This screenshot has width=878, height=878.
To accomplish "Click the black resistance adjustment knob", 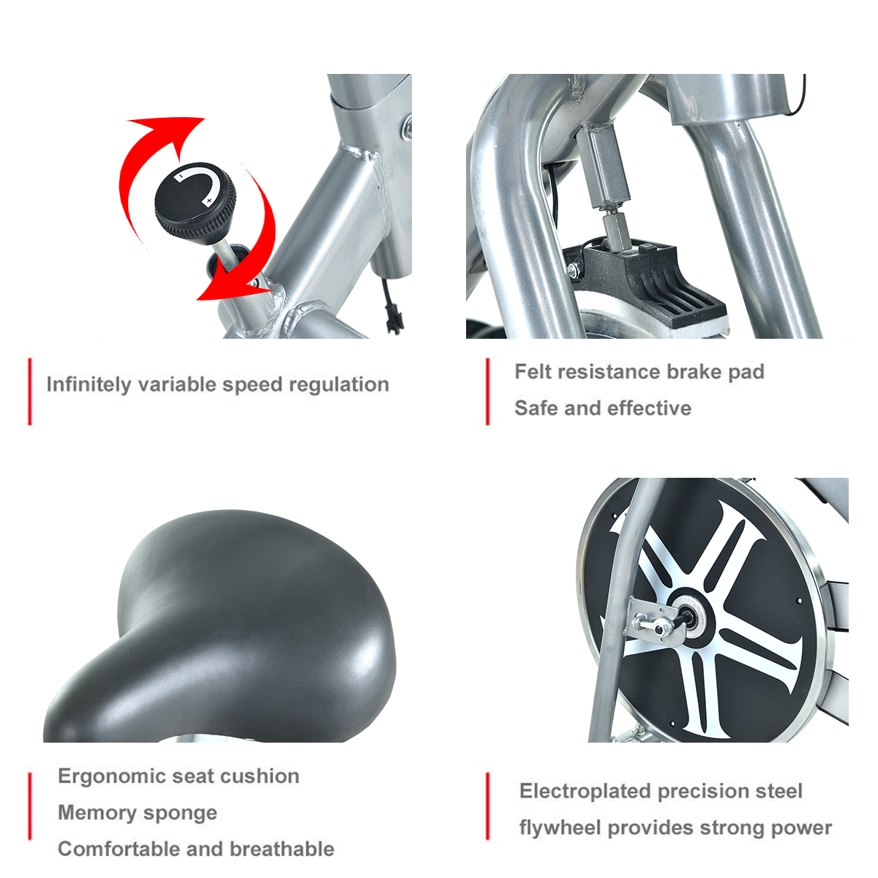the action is pyautogui.click(x=195, y=200).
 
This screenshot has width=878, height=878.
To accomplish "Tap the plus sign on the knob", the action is pyautogui.click(x=209, y=200).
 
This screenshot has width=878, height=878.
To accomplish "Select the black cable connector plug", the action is pyautogui.click(x=391, y=322).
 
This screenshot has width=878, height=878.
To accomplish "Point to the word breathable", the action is pyautogui.click(x=282, y=849).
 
